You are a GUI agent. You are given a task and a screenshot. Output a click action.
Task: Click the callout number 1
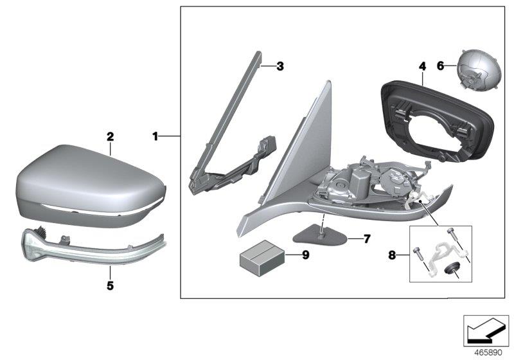coord(155,136)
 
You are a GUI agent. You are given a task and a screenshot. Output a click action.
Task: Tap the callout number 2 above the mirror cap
coord(110,136)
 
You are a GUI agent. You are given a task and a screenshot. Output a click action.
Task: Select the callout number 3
coord(279,66)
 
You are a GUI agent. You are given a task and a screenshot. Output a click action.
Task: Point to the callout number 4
coord(422,66)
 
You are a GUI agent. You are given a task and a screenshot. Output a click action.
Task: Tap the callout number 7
coord(367,239)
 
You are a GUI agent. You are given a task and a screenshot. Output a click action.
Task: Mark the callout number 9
coord(305,255)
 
